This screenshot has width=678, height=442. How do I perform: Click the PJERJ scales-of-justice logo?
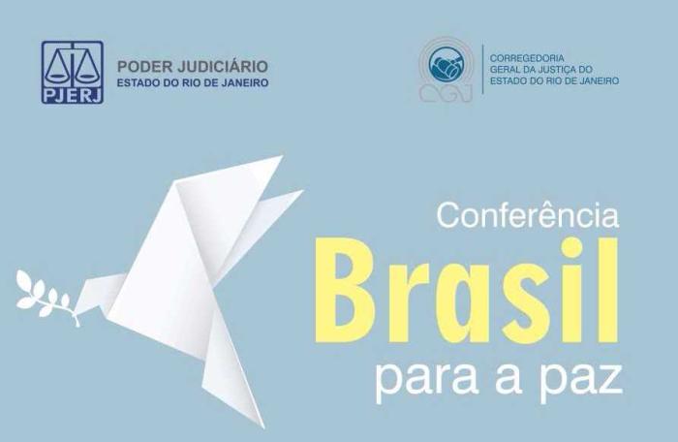tap(73, 73)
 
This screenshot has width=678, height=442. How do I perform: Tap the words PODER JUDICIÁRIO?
tap(193, 67)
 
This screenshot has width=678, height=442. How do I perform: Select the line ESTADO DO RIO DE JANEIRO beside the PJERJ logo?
tap(193, 82)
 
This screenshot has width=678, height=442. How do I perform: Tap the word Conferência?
tap(528, 215)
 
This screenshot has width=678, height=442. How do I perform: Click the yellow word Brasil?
tap(467, 290)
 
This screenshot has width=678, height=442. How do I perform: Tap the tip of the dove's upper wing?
tap(282, 156)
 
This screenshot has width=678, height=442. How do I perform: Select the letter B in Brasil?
tap(346, 290)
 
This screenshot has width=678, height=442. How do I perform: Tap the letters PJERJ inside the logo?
tap(73, 94)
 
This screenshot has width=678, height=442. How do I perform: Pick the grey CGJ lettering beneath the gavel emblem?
tap(446, 92)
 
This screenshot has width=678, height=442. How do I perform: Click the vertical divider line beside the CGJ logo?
tap(483, 69)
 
